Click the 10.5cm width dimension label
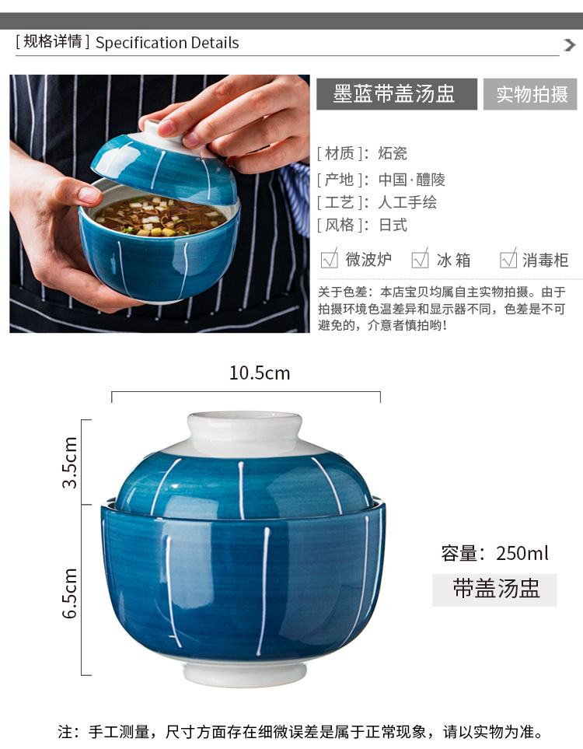coord(260,373)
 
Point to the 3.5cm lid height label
coord(70,462)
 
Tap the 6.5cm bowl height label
coord(70,593)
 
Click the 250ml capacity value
coord(522,553)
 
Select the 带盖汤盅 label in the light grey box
coord(495,589)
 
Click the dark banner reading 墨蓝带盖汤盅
coord(396,93)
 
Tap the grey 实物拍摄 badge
coord(530,93)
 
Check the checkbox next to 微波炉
coord(330,259)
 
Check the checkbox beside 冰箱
coord(421,259)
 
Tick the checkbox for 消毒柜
coord(508,259)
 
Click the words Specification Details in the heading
coord(167,43)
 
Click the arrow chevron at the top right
coord(569,45)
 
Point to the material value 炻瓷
coord(393,153)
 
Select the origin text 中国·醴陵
coord(411,180)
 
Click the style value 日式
coord(393,225)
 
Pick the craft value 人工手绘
coord(407,202)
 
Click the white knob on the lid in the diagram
coord(245,428)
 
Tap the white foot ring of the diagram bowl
coord(245,674)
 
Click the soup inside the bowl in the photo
coord(160,216)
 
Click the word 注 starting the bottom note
coord(65,731)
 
